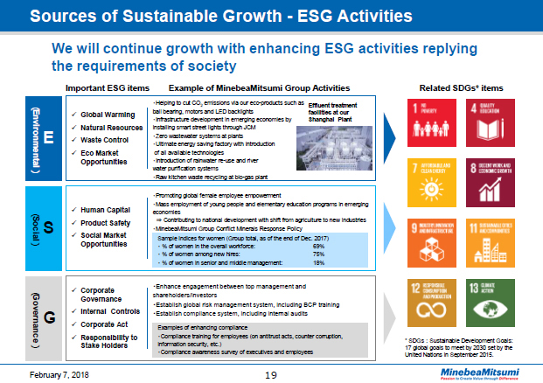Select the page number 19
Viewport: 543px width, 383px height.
pyautogui.click(x=271, y=373)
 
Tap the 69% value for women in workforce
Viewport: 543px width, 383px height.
pyautogui.click(x=318, y=247)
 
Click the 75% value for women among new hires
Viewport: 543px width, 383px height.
pyautogui.click(x=318, y=254)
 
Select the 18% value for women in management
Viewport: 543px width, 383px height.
pyautogui.click(x=318, y=262)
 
